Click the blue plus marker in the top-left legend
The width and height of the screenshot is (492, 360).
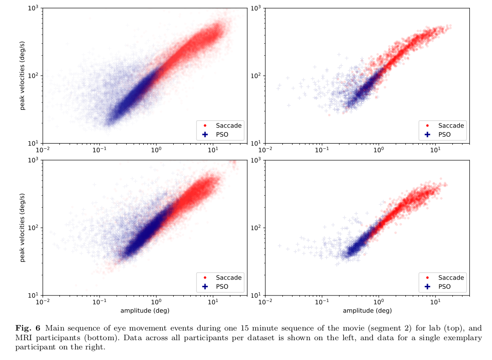click(205, 134)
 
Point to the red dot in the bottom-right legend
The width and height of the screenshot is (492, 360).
click(428, 278)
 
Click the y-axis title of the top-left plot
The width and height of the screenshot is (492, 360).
click(22, 76)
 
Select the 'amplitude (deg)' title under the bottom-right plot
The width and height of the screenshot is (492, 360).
click(367, 311)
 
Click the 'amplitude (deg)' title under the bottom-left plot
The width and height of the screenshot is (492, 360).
click(145, 311)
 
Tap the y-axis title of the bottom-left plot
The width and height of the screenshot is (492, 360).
click(22, 228)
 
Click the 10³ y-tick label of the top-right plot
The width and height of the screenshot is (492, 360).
click(256, 9)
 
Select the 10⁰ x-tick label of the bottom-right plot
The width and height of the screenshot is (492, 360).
click(379, 302)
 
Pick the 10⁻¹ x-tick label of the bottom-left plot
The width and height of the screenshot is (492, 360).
click(100, 302)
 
